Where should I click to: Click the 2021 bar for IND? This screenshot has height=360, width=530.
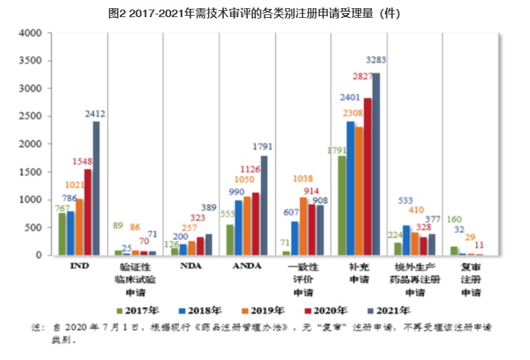pyautogui.click(x=96, y=188)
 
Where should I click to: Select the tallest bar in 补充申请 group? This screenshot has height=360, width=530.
pyautogui.click(x=375, y=164)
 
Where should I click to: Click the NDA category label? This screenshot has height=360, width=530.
pyautogui.click(x=191, y=266)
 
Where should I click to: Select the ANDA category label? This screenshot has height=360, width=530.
pyautogui.click(x=247, y=266)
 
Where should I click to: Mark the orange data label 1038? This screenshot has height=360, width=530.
pyautogui.click(x=303, y=179)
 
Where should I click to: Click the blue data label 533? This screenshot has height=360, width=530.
pyautogui.click(x=406, y=201)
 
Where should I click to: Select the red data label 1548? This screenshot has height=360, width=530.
pyautogui.click(x=83, y=162)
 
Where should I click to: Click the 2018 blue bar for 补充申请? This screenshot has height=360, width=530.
pyautogui.click(x=351, y=188)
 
